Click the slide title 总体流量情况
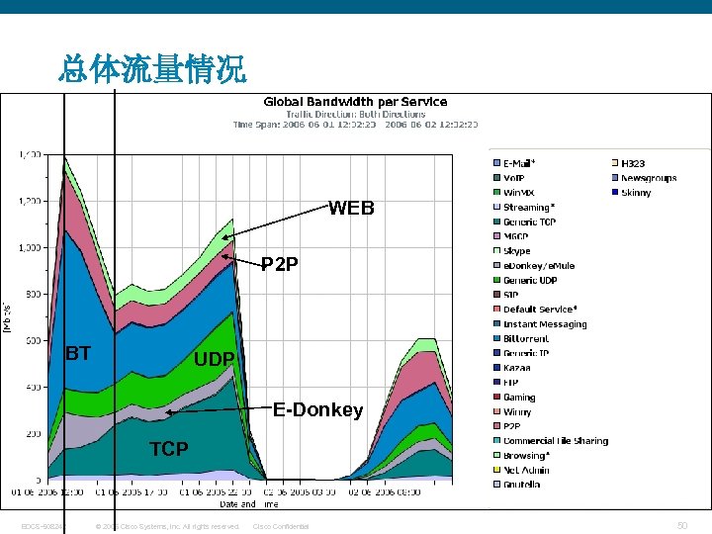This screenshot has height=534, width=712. click(x=152, y=69)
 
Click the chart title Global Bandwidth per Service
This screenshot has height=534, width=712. click(x=354, y=102)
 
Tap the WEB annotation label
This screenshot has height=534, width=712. click(x=351, y=209)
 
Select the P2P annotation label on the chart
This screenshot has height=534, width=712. click(x=279, y=265)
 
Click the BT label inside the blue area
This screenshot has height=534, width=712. click(x=78, y=353)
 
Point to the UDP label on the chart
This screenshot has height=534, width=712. click(x=214, y=359)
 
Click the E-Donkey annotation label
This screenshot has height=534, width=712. click(x=317, y=409)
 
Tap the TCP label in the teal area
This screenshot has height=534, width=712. click(x=168, y=449)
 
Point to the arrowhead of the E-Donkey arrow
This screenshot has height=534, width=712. click(x=169, y=411)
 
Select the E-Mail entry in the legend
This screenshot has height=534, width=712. click(x=519, y=163)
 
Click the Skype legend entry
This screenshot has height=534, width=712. click(x=517, y=251)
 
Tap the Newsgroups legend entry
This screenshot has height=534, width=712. click(x=649, y=178)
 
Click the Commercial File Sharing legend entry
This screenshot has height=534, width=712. click(x=555, y=441)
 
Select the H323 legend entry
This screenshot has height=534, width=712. click(x=634, y=163)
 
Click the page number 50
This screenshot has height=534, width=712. click(x=682, y=525)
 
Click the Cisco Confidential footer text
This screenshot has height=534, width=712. click(x=281, y=526)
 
